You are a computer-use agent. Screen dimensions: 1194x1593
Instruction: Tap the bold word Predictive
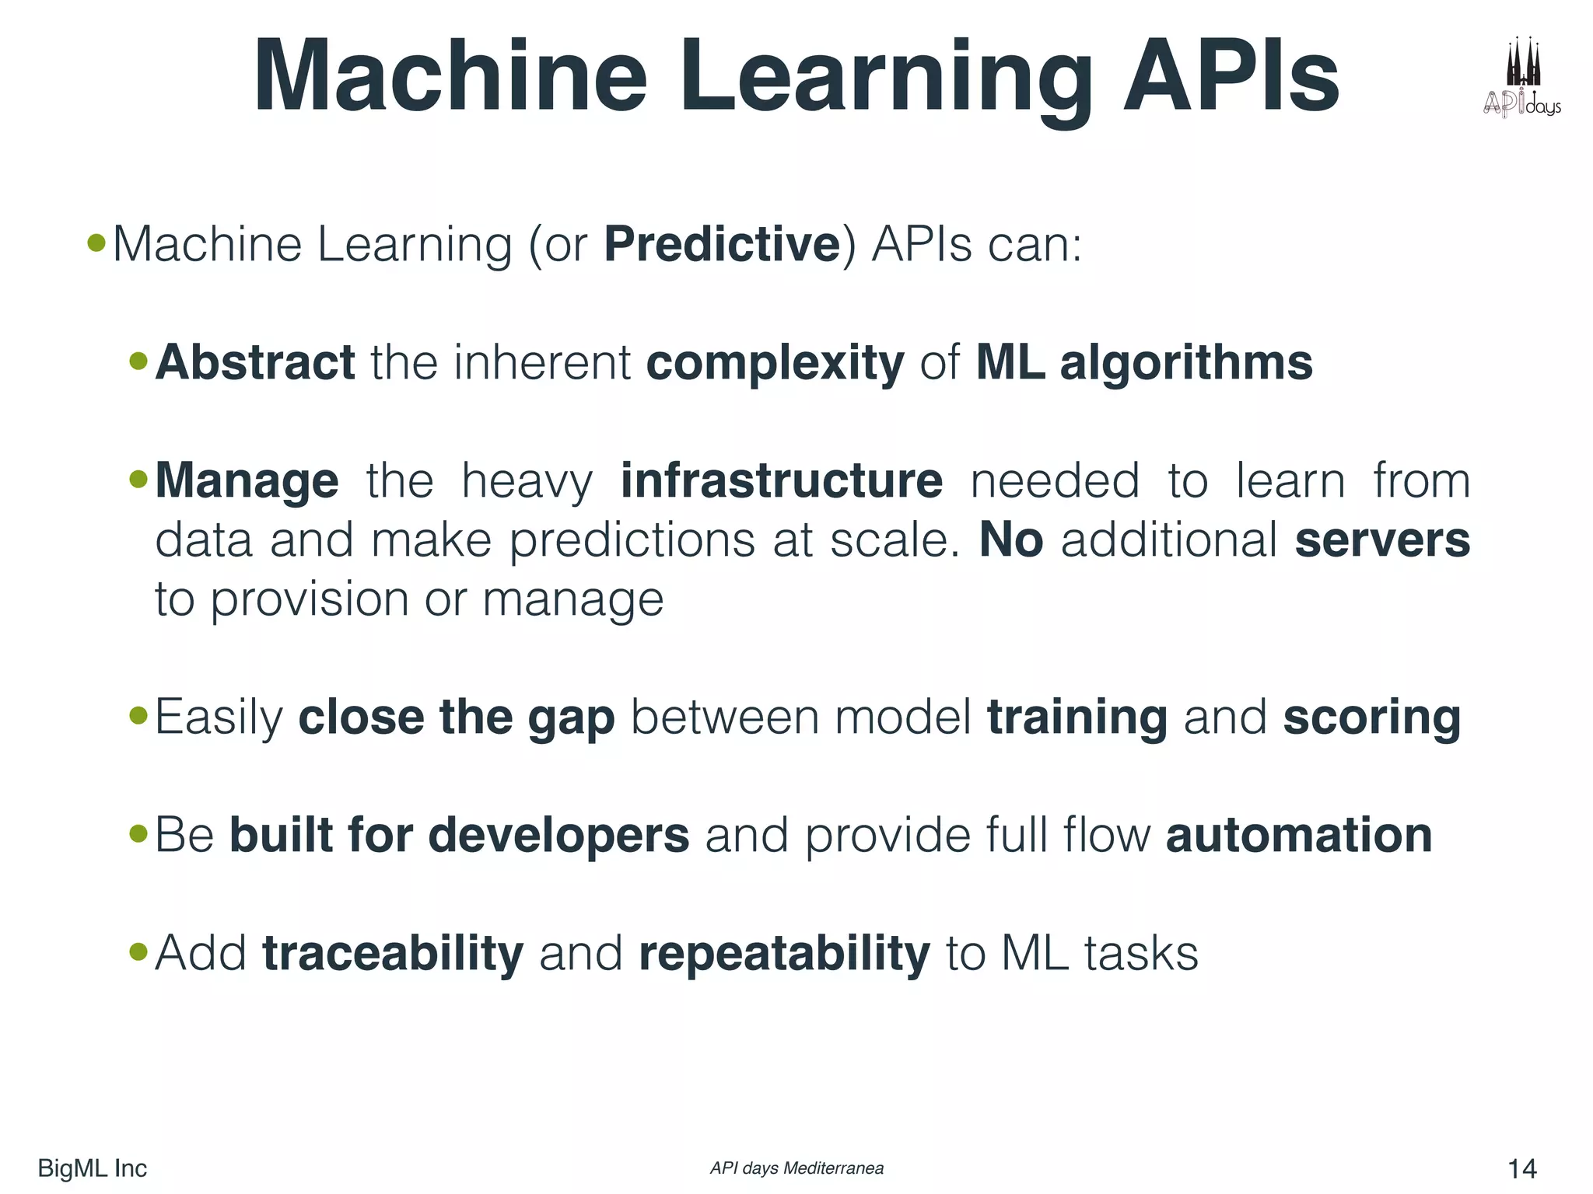[722, 244]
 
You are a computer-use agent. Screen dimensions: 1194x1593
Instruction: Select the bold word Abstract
[255, 362]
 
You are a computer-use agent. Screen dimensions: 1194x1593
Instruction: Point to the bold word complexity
[775, 364]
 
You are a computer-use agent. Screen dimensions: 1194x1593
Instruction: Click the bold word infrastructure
[781, 480]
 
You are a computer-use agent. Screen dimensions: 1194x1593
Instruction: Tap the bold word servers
[1382, 539]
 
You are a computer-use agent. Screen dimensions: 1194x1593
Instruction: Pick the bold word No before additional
[1010, 539]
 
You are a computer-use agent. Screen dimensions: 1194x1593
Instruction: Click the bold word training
[1077, 717]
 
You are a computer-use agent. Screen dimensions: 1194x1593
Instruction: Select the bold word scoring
[1371, 717]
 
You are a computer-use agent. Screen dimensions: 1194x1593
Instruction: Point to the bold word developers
[558, 836]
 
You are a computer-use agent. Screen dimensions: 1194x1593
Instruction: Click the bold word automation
[1298, 835]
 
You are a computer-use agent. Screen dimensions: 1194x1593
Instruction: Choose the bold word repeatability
[783, 955]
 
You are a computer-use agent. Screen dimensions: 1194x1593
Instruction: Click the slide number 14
[1521, 1168]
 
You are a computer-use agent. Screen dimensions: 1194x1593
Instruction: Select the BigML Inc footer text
[92, 1168]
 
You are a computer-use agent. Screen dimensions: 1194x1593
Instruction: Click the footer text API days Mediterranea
[796, 1168]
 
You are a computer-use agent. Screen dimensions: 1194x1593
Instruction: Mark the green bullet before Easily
[138, 714]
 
